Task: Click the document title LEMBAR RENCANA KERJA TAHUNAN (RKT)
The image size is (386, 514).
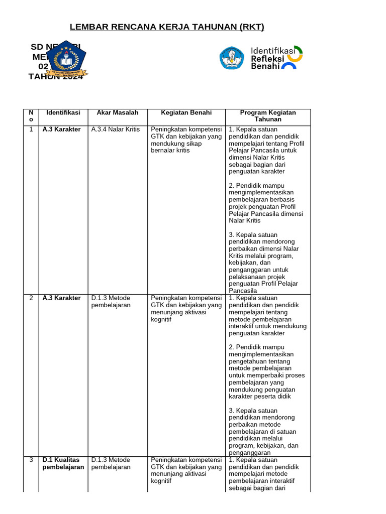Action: coord(166,27)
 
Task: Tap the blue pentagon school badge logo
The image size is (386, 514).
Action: coord(66,60)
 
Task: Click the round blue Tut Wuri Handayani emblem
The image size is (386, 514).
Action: coord(232,58)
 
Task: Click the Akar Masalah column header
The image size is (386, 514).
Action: coord(117,113)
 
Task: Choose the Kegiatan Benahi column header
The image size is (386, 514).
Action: coord(186,113)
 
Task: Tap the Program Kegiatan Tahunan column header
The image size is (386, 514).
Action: coord(268,116)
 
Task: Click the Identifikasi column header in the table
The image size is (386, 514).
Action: coord(63,113)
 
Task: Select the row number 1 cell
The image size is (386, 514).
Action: coord(31,130)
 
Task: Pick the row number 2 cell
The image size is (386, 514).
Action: coord(31,298)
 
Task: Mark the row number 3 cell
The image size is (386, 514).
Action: coord(31,460)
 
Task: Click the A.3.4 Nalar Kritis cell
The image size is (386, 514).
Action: coord(115,130)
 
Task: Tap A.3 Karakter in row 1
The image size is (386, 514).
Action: coord(61,130)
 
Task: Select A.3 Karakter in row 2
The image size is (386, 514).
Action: coord(61,298)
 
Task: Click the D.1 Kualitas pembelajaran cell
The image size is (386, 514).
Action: coord(63,463)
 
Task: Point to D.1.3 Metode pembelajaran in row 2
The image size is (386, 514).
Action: coord(111,302)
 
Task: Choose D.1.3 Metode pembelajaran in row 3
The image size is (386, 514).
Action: coord(111,463)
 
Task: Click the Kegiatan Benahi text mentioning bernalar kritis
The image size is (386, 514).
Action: coord(186,140)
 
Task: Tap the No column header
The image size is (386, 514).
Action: coord(31,116)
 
